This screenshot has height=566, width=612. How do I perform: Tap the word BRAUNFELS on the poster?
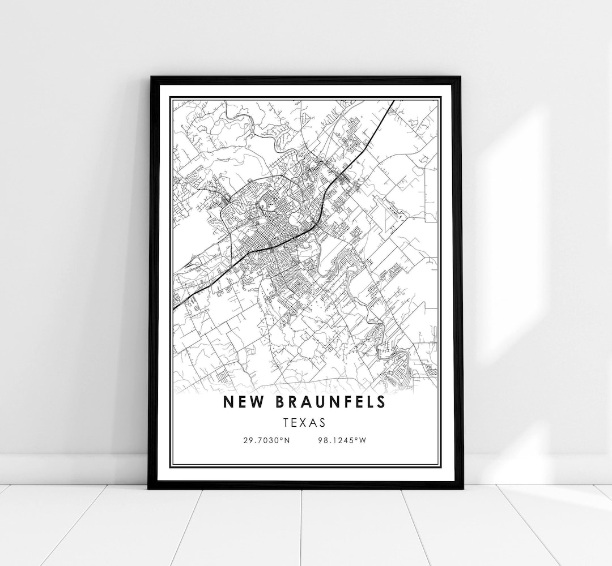click(x=329, y=402)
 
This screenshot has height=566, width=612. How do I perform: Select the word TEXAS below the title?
click(x=305, y=422)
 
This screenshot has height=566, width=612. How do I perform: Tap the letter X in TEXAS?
click(x=306, y=422)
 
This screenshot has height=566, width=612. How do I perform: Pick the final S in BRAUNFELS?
click(x=381, y=402)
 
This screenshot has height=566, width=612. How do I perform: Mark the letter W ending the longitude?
click(x=363, y=440)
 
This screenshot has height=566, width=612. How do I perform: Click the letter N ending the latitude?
click(x=287, y=440)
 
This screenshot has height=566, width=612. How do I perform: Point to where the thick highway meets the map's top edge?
click(x=394, y=101)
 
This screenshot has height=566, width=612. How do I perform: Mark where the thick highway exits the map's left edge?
click(x=173, y=308)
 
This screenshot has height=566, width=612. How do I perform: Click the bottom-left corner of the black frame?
click(x=150, y=487)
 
